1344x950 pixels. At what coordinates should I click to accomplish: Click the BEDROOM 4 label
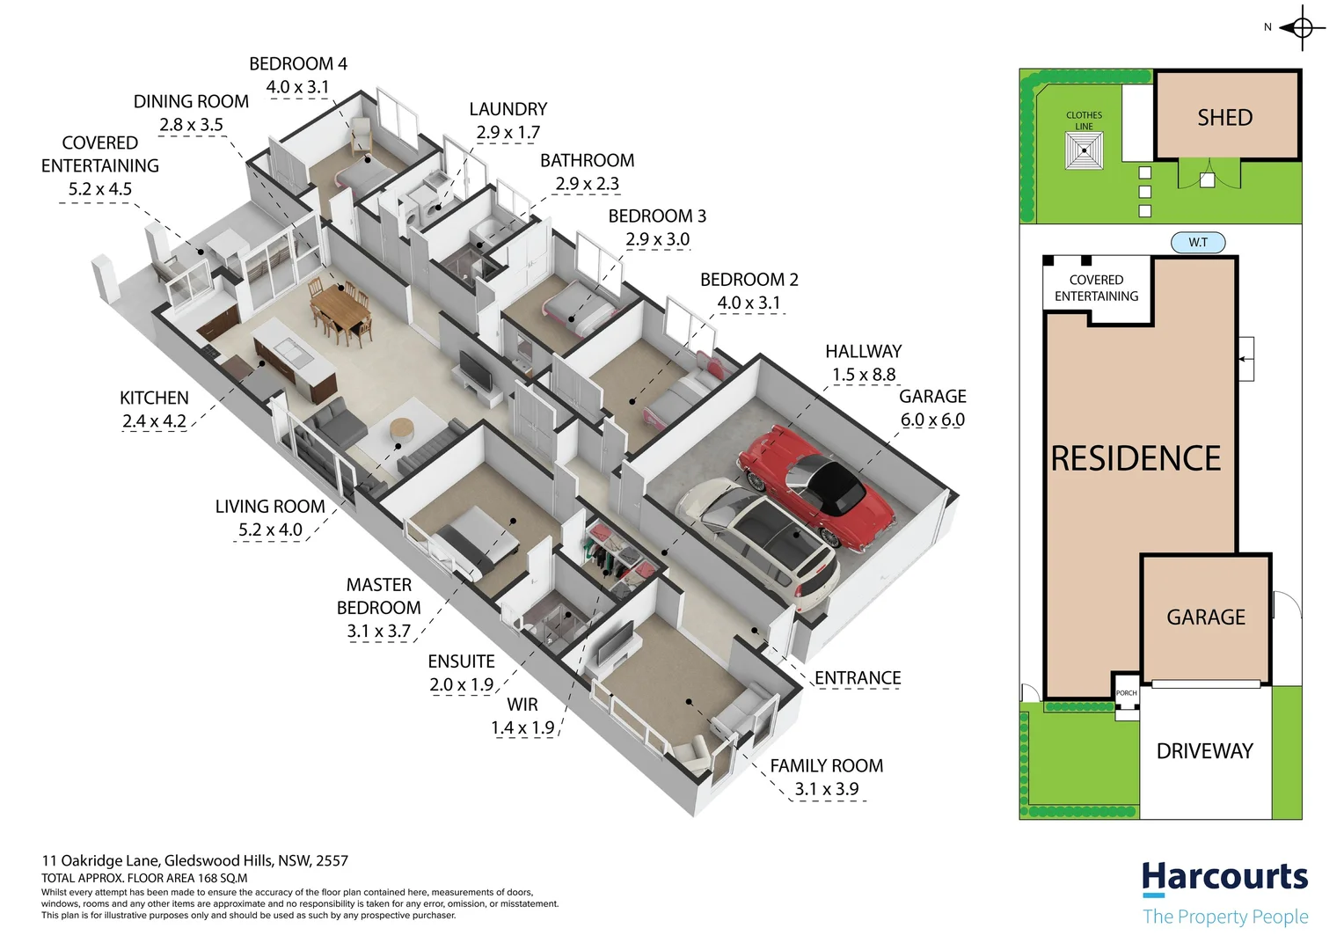298,64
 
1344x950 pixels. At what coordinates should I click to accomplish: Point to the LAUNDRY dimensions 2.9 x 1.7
508,133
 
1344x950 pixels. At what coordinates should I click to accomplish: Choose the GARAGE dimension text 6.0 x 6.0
932,420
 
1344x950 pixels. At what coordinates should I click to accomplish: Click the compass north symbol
1302,28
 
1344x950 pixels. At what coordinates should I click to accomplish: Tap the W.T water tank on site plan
1198,242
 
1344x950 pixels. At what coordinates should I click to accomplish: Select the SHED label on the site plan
1224,118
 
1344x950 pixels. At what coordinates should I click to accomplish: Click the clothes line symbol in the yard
1085,150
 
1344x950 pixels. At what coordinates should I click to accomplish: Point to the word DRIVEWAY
1204,751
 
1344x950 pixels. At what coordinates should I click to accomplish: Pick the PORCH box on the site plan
1126,693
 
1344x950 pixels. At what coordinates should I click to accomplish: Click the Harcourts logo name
1224,877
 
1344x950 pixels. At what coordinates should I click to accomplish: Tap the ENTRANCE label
858,678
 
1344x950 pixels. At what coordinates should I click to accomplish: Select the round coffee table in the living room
402,428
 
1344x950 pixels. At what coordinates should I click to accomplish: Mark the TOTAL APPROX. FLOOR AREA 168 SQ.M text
144,878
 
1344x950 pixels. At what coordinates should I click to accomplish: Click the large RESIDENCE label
1136,458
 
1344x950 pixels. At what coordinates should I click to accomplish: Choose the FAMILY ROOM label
827,766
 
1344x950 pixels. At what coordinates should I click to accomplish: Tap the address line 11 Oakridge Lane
194,861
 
